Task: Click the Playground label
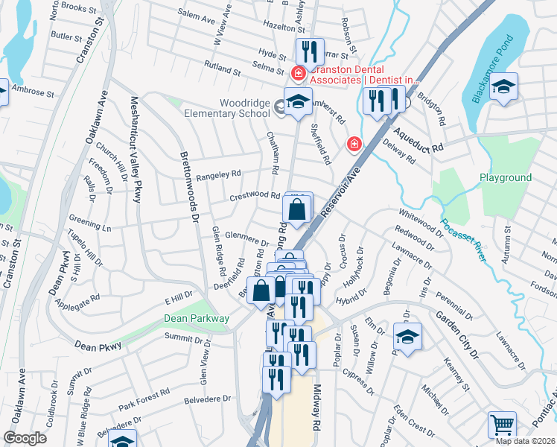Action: pyautogui.click(x=506, y=178)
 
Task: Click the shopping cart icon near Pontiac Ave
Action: pyautogui.click(x=503, y=425)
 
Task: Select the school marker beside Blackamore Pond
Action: pyautogui.click(x=504, y=86)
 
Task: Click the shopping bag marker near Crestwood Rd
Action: pyautogui.click(x=297, y=212)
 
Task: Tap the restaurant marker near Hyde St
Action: pyautogui.click(x=310, y=51)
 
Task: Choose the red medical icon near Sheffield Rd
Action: pyautogui.click(x=354, y=144)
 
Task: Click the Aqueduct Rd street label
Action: pyautogui.click(x=418, y=139)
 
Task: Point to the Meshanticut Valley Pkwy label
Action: pyautogui.click(x=136, y=148)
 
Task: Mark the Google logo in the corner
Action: pyautogui.click(x=25, y=438)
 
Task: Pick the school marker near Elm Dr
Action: pyautogui.click(x=407, y=337)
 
